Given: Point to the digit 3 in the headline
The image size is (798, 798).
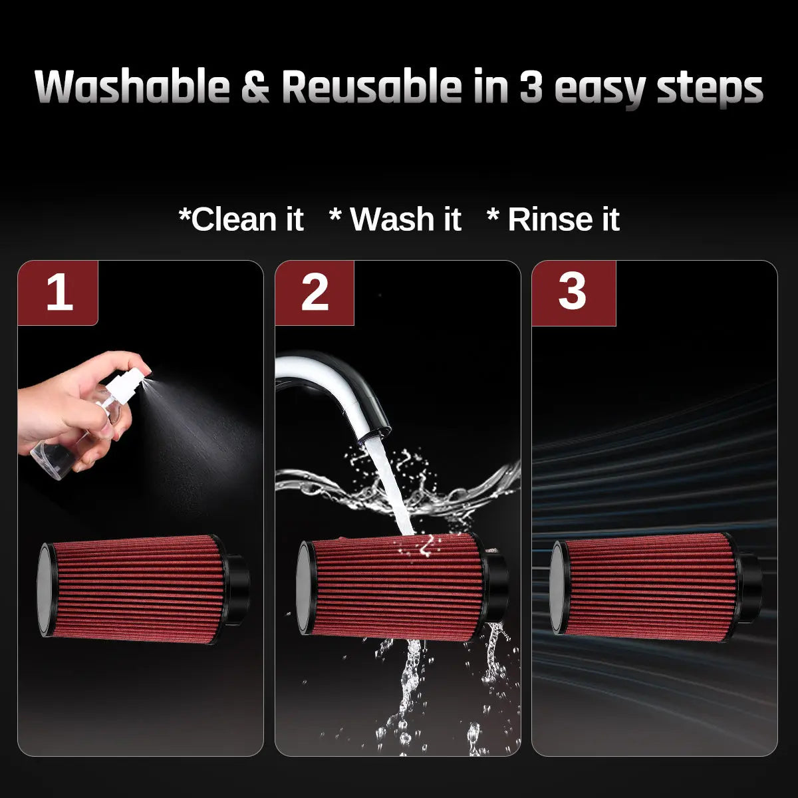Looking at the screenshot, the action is click(531, 86).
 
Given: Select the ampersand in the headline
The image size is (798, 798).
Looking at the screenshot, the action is click(255, 86).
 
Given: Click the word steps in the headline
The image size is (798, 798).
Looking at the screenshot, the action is click(710, 90).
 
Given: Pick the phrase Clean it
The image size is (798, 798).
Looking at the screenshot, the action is click(241, 219).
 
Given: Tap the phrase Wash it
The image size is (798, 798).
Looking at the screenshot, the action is click(396, 219).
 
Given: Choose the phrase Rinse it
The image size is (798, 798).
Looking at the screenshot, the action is click(554, 219).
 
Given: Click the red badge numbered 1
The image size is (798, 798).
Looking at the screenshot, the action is click(58, 293).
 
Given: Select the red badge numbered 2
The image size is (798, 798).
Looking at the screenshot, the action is click(315, 293).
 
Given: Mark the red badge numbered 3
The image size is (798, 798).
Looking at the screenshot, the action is click(573, 293).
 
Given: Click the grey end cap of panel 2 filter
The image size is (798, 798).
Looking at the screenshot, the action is click(303, 587).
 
